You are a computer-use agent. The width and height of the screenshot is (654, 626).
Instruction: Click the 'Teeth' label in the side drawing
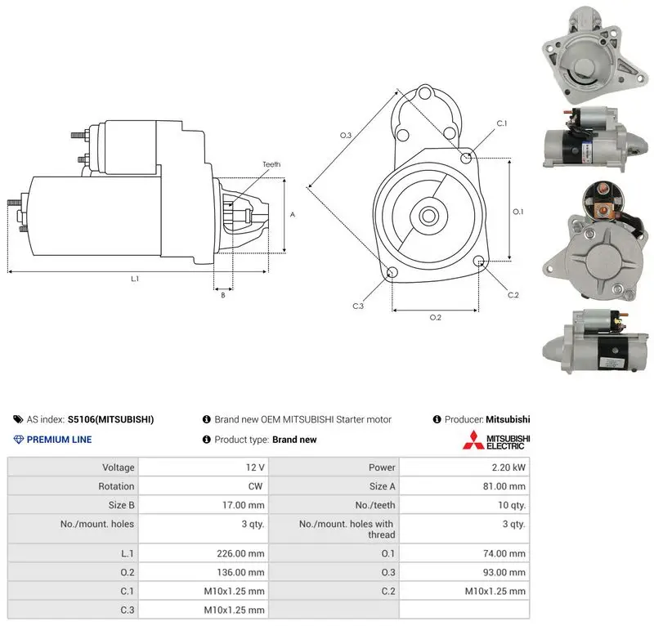point(271,164)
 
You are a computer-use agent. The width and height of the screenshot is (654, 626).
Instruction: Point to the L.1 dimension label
point(135,279)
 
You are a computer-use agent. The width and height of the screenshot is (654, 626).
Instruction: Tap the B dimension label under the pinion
point(223,295)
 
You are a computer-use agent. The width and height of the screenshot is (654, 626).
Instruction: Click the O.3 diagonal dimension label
point(346,135)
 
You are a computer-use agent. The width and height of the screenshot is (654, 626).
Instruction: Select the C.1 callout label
point(502,123)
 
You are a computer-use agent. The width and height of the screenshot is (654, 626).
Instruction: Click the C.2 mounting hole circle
point(479,262)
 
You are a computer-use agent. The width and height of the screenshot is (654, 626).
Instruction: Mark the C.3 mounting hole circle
point(392,272)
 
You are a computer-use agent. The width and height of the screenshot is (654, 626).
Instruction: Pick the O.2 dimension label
point(436,317)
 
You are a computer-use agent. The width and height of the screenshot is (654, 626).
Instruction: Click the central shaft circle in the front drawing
point(428,216)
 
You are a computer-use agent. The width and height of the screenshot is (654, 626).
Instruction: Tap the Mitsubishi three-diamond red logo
point(473,440)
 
